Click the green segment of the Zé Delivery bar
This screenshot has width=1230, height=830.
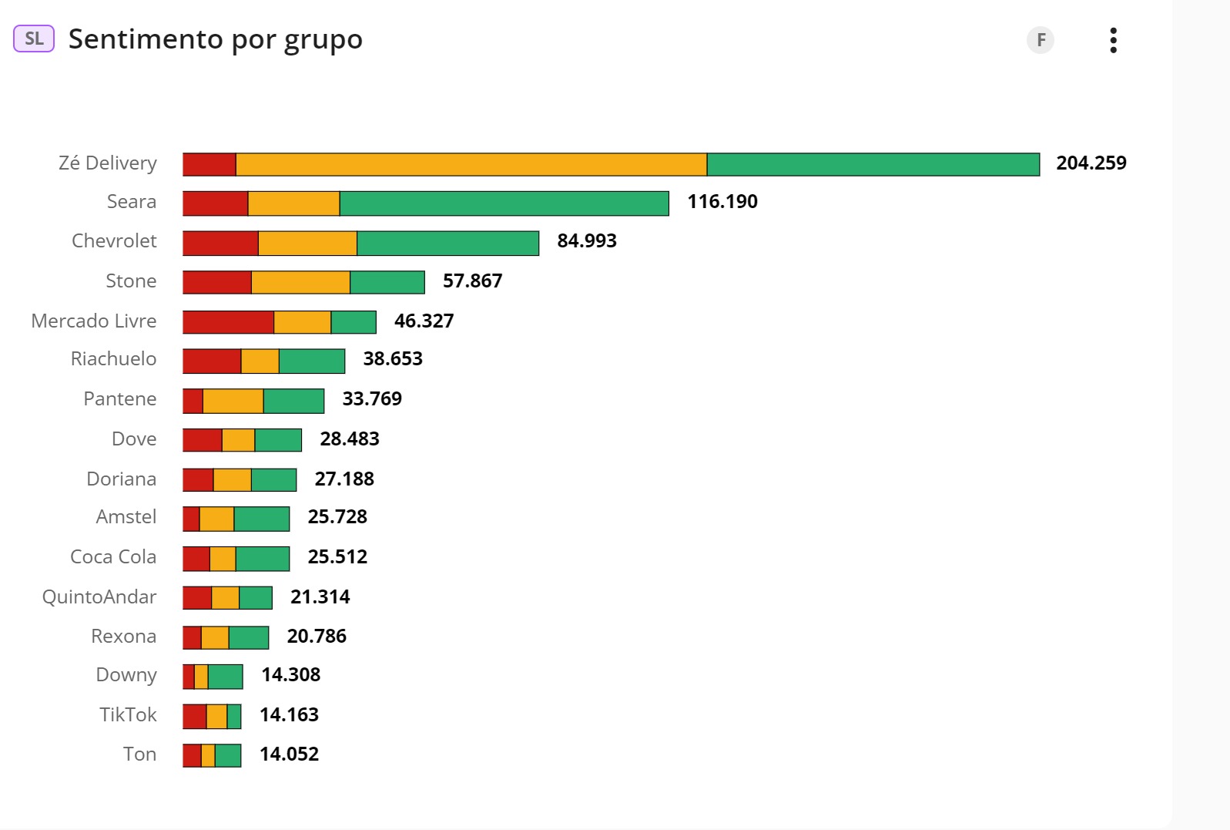click(x=873, y=165)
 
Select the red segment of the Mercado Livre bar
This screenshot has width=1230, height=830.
click(x=228, y=322)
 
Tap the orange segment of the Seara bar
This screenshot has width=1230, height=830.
click(x=293, y=203)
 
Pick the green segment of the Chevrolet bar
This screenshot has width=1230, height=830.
click(x=447, y=243)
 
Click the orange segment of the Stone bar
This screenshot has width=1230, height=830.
click(x=300, y=282)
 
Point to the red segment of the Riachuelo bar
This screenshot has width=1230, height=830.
click(x=212, y=361)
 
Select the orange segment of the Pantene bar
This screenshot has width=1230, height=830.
click(x=233, y=401)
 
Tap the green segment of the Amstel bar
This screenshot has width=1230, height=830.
click(x=262, y=519)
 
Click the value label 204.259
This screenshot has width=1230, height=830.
click(x=1091, y=163)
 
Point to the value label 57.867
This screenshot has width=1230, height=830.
click(x=472, y=281)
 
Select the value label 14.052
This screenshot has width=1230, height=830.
click(x=289, y=754)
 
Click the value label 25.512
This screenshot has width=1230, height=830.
click(x=337, y=557)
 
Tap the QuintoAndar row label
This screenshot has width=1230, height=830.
click(x=99, y=597)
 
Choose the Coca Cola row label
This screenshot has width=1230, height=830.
click(x=113, y=557)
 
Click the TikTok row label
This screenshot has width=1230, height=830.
click(x=128, y=715)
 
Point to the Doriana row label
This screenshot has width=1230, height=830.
click(x=122, y=479)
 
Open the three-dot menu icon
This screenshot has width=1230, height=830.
click(x=1113, y=40)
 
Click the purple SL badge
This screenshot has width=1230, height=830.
click(x=34, y=39)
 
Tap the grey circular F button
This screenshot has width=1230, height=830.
click(x=1041, y=40)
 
